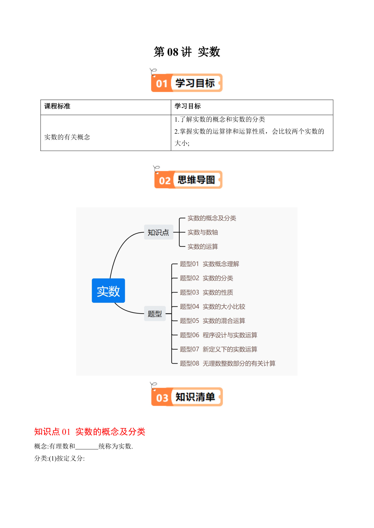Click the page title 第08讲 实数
187,52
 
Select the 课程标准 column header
57,106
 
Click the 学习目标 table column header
187,106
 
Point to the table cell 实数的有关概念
67,137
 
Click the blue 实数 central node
108,290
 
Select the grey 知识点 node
159,232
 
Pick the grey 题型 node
155,314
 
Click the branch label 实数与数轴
203,232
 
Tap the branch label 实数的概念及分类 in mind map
212,218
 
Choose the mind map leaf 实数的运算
203,247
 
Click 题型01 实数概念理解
209,264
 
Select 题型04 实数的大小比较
212,306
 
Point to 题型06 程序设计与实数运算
218,335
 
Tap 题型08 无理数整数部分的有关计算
228,363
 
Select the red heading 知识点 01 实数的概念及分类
90,432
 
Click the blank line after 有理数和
87,449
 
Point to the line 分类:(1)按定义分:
60,458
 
